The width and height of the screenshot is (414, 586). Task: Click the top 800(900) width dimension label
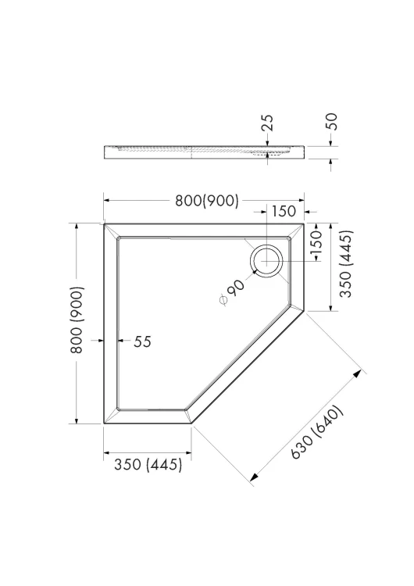point(207,201)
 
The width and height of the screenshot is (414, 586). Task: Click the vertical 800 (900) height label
point(77,320)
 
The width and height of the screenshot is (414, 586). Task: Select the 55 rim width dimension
point(142,341)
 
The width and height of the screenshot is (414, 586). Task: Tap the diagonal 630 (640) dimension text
point(317,432)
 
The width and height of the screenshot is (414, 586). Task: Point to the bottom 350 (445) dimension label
point(148,465)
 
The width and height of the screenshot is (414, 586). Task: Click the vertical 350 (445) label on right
point(346,263)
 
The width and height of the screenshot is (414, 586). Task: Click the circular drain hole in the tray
point(267,262)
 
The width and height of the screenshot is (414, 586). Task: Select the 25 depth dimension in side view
point(267,123)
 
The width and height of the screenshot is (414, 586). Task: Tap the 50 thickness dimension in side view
point(331,121)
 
